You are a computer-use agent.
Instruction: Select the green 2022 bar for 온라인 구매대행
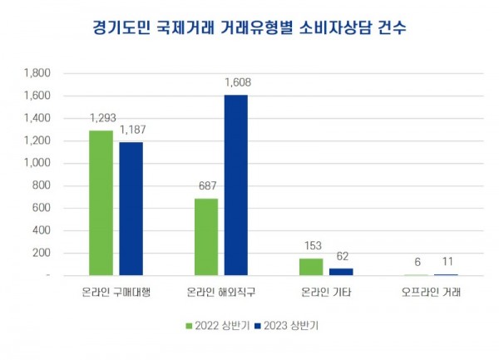(101, 202)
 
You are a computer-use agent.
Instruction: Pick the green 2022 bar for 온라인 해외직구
(206, 236)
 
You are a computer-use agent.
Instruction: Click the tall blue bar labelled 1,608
(236, 185)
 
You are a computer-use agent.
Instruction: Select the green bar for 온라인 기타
(311, 266)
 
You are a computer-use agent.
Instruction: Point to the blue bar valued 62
(341, 271)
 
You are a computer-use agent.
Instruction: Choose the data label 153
(311, 247)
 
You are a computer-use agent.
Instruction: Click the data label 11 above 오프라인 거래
(447, 263)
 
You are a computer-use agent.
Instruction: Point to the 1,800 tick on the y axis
(38, 73)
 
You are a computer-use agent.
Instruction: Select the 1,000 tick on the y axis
(38, 163)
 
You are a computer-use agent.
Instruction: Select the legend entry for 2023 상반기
(287, 326)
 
